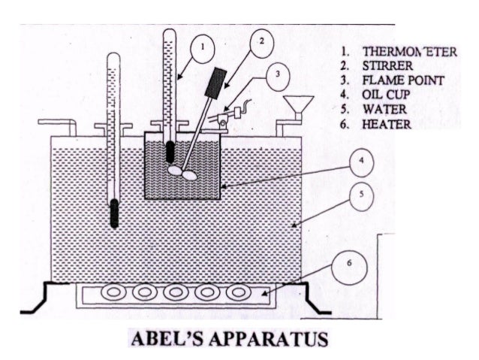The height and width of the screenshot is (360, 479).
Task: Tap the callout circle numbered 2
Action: [260, 42]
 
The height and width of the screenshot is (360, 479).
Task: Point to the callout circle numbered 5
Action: [361, 195]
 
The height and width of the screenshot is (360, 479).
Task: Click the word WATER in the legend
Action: [382, 109]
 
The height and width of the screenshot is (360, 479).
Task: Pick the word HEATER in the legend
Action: [385, 123]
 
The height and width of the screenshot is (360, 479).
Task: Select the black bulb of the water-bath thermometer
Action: [113, 214]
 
